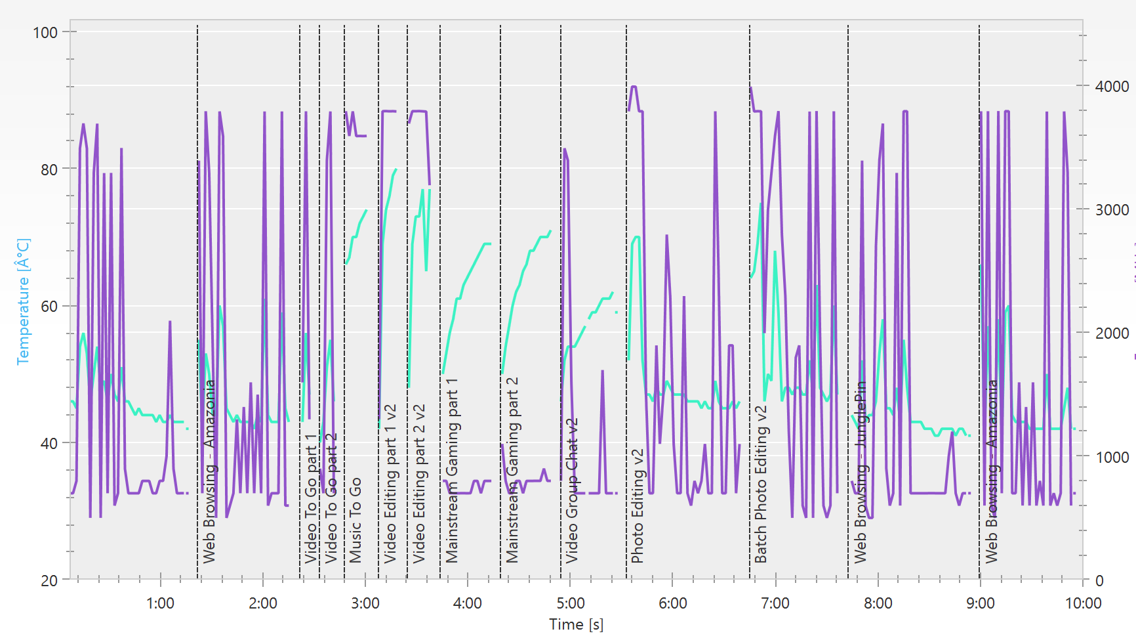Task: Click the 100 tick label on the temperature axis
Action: point(45,32)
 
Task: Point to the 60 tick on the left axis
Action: point(49,306)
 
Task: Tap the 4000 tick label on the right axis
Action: point(1112,86)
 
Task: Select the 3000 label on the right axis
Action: point(1112,209)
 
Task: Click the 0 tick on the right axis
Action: point(1099,580)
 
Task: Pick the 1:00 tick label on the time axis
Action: point(160,603)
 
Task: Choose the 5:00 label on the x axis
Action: point(570,603)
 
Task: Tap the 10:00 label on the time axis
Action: point(1083,603)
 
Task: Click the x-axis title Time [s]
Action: point(576,624)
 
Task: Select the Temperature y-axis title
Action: point(24,301)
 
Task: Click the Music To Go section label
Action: point(355,520)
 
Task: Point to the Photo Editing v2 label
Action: point(637,506)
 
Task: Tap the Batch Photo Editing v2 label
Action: point(761,484)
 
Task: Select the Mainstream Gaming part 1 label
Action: point(452,470)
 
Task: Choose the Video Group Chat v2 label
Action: point(572,490)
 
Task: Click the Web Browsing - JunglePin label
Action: point(861,471)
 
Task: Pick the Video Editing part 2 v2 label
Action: point(419,484)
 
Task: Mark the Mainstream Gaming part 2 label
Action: point(512,470)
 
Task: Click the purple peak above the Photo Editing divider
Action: point(633,87)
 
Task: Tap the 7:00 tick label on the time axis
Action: point(775,603)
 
